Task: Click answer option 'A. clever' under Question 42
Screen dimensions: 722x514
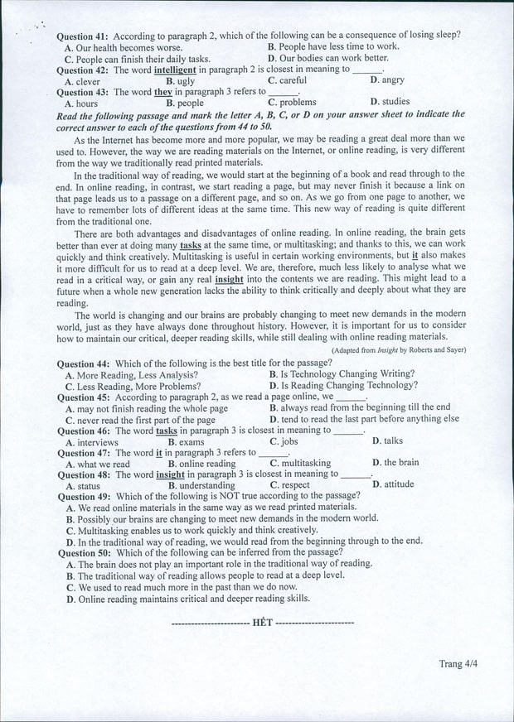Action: coord(82,81)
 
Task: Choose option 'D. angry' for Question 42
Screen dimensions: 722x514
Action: coord(387,80)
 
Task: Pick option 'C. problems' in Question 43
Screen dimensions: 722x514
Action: coord(292,103)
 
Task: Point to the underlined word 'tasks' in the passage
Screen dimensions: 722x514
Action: coord(191,246)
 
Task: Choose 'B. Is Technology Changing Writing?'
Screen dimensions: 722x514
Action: coord(342,374)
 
